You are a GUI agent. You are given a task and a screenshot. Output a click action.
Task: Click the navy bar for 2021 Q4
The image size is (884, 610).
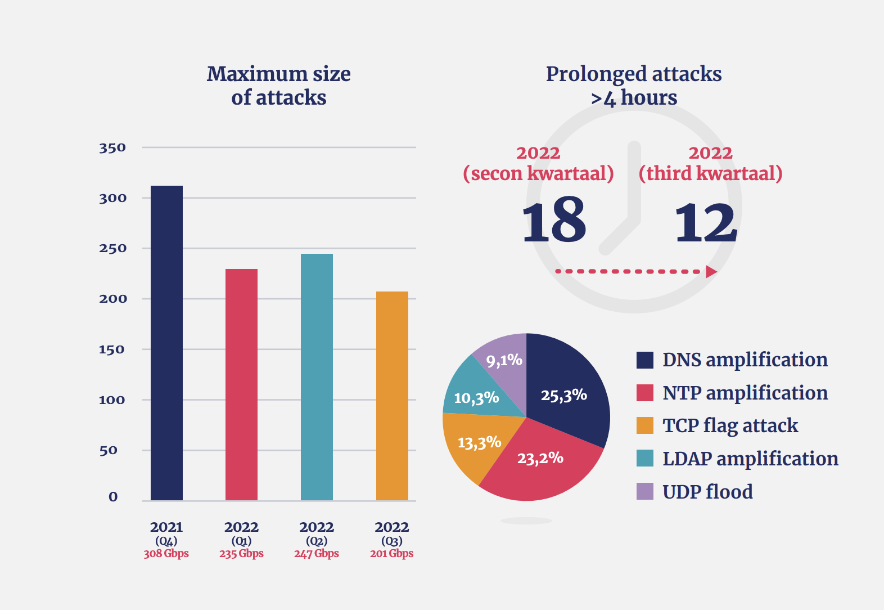point(166,343)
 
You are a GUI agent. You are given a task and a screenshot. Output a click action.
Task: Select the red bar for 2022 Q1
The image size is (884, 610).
point(241,385)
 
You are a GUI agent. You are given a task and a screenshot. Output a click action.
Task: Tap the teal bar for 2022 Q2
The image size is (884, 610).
point(317,377)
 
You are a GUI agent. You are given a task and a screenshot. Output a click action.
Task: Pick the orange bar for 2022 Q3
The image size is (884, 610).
point(392,396)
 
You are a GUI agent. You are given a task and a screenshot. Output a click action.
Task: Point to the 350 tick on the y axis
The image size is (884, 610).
point(112,148)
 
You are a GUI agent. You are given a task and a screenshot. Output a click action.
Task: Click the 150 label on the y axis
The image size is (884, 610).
point(112,349)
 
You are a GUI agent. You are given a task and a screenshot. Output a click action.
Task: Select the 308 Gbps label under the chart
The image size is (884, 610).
point(166,554)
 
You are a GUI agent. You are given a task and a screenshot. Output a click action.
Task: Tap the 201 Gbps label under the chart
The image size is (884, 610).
point(391,554)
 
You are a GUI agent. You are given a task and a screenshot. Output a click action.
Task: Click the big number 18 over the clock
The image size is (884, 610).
point(554,221)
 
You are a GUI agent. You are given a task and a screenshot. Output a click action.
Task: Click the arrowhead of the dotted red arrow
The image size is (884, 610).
point(711,272)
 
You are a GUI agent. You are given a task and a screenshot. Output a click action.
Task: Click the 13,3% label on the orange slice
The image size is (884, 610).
point(479,443)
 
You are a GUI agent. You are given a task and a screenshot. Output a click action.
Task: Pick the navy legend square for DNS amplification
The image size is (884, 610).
point(645,360)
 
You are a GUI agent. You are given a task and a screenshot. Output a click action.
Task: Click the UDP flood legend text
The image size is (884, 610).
point(707,492)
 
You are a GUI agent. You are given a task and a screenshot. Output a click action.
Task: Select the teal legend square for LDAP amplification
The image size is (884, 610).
point(645,459)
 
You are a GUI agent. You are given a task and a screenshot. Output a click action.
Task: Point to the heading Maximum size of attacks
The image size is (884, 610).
point(278,86)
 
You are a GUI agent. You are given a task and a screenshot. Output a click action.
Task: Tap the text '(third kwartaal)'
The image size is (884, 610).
point(710,173)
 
